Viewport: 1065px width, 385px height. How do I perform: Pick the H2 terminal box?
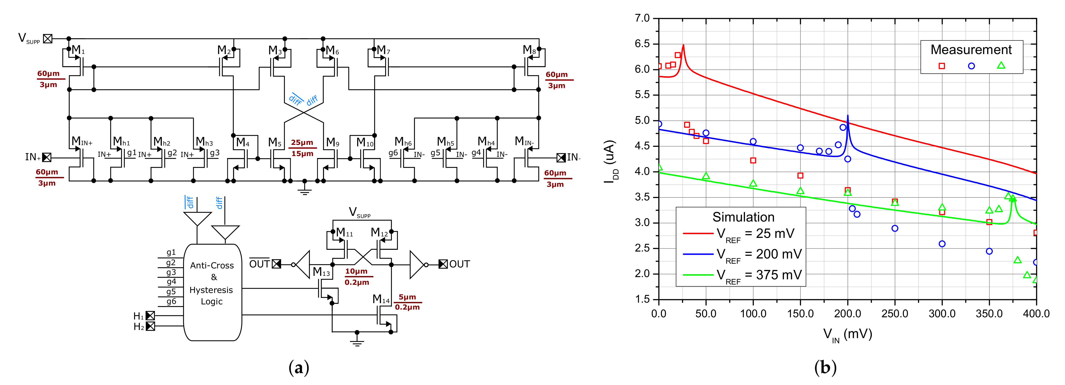[150, 326]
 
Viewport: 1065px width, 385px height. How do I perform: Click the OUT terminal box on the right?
[443, 264]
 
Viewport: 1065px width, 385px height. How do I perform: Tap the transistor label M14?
[381, 299]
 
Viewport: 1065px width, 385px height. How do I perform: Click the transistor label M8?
[529, 50]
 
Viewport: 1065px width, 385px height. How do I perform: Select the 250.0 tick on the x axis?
[895, 314]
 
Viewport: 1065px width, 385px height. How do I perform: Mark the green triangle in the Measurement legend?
[1001, 65]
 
